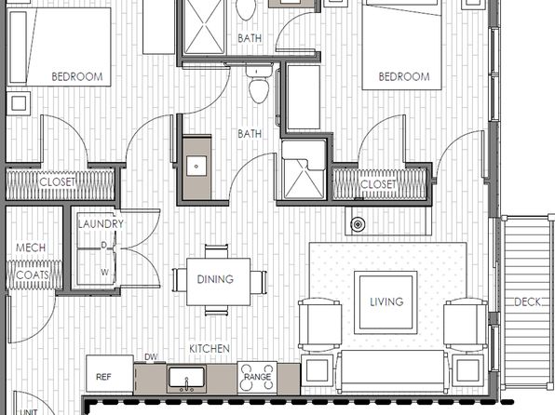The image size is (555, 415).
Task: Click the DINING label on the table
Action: [x=215, y=279]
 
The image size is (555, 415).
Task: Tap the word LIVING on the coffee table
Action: [x=386, y=301]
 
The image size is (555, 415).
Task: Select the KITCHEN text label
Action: [x=210, y=349]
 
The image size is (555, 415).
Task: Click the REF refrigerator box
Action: [x=110, y=374]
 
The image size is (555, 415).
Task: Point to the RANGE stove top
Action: [x=257, y=378]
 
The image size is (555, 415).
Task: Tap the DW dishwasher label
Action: [x=151, y=357]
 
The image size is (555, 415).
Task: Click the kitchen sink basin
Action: [x=186, y=378]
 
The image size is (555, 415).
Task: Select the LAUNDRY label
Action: [x=101, y=224]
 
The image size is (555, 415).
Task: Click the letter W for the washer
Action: [x=104, y=273]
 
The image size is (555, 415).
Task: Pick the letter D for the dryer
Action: [x=103, y=245]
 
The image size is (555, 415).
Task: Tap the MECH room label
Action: [x=31, y=248]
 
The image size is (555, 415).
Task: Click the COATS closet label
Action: [x=33, y=274]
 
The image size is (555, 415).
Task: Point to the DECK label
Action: [x=527, y=302]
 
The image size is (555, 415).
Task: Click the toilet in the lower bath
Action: [x=259, y=84]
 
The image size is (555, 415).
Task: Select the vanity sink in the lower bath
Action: [x=196, y=167]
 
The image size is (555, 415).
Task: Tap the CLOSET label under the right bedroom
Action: [x=378, y=184]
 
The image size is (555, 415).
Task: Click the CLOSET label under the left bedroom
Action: [x=58, y=182]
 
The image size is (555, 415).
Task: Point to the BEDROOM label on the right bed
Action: [x=404, y=77]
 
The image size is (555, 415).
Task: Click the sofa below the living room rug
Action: [x=392, y=371]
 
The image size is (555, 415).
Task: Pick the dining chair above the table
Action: [x=216, y=251]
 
